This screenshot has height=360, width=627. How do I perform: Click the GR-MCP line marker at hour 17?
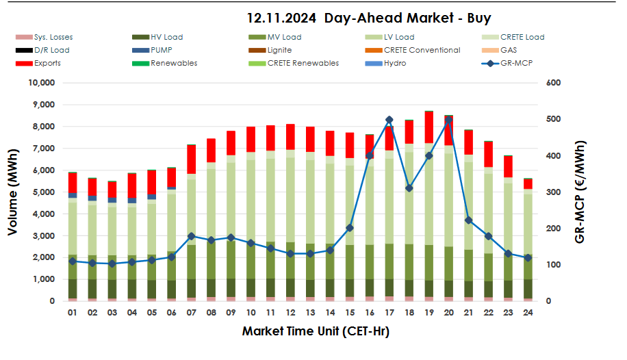click(389, 120)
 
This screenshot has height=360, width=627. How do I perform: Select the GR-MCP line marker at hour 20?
click(448, 120)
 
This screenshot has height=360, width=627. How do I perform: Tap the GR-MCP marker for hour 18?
click(409, 188)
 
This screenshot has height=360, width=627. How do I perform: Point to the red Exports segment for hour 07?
click(192, 159)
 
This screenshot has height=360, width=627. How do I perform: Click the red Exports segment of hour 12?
click(290, 136)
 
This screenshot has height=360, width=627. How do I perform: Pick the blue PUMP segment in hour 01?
click(73, 195)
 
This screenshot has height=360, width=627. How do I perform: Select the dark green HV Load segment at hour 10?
click(251, 287)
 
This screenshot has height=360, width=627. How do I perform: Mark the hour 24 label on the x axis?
click(527, 312)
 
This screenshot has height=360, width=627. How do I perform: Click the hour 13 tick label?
click(310, 312)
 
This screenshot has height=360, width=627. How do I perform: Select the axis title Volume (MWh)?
click(13, 192)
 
